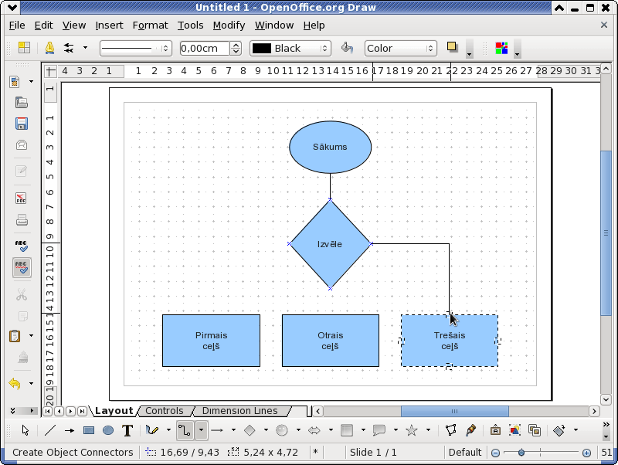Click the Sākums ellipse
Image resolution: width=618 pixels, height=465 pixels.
pyautogui.click(x=331, y=147)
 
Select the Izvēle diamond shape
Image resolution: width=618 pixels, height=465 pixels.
pyautogui.click(x=331, y=244)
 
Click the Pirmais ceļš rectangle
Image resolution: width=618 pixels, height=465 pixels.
pyautogui.click(x=211, y=341)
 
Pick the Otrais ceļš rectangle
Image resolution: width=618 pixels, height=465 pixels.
pyautogui.click(x=331, y=341)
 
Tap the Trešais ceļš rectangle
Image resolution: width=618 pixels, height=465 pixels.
pyautogui.click(x=450, y=341)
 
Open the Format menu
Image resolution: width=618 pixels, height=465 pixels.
pyautogui.click(x=150, y=25)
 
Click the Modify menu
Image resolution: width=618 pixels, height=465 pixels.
pyautogui.click(x=229, y=25)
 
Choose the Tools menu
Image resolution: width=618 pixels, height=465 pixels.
pyautogui.click(x=190, y=25)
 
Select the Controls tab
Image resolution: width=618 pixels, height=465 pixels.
pyautogui.click(x=165, y=411)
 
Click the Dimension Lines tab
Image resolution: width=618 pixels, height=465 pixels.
pyautogui.click(x=240, y=411)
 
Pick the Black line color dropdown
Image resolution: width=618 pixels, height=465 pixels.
pyautogui.click(x=290, y=48)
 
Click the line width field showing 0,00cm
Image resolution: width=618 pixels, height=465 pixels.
pyautogui.click(x=205, y=48)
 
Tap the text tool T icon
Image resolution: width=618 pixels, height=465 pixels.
pyautogui.click(x=127, y=430)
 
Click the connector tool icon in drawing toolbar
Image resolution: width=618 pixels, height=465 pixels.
pyautogui.click(x=184, y=430)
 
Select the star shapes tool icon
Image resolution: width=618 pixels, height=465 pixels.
pyautogui.click(x=412, y=430)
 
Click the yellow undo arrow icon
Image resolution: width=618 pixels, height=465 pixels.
pyautogui.click(x=15, y=383)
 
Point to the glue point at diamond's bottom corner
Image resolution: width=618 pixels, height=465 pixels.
pyautogui.click(x=331, y=288)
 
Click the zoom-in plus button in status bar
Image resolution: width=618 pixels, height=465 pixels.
pyautogui.click(x=586, y=453)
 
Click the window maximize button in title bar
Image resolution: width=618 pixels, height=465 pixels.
pyautogui.click(x=590, y=8)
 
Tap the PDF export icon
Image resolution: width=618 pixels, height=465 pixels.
pyautogui.click(x=22, y=198)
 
